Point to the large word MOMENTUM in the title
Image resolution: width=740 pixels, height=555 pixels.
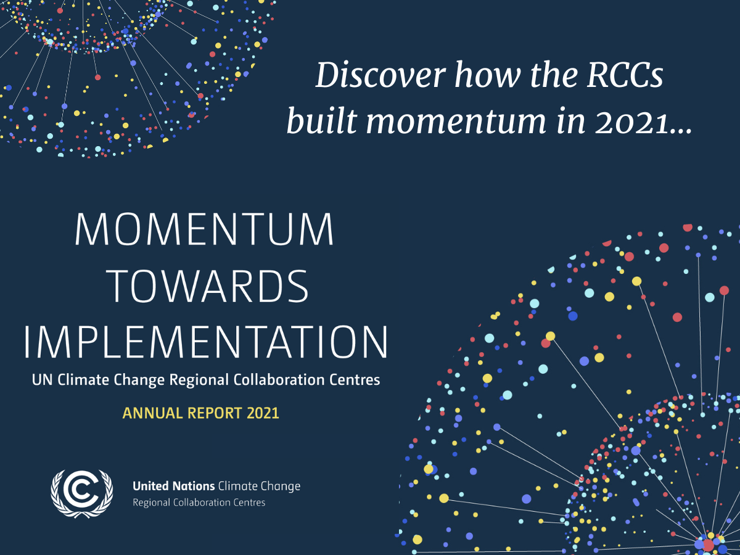click(204, 231)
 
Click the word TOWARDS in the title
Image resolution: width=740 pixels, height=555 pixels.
click(204, 287)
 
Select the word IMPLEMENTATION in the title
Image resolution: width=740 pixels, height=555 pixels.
click(207, 340)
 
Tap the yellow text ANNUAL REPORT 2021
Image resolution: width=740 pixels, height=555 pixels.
click(200, 413)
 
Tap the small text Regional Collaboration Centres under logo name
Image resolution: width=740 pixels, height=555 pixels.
click(199, 503)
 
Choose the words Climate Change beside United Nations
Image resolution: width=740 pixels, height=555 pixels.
click(260, 487)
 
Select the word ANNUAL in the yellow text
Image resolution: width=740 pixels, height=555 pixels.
click(146, 413)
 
